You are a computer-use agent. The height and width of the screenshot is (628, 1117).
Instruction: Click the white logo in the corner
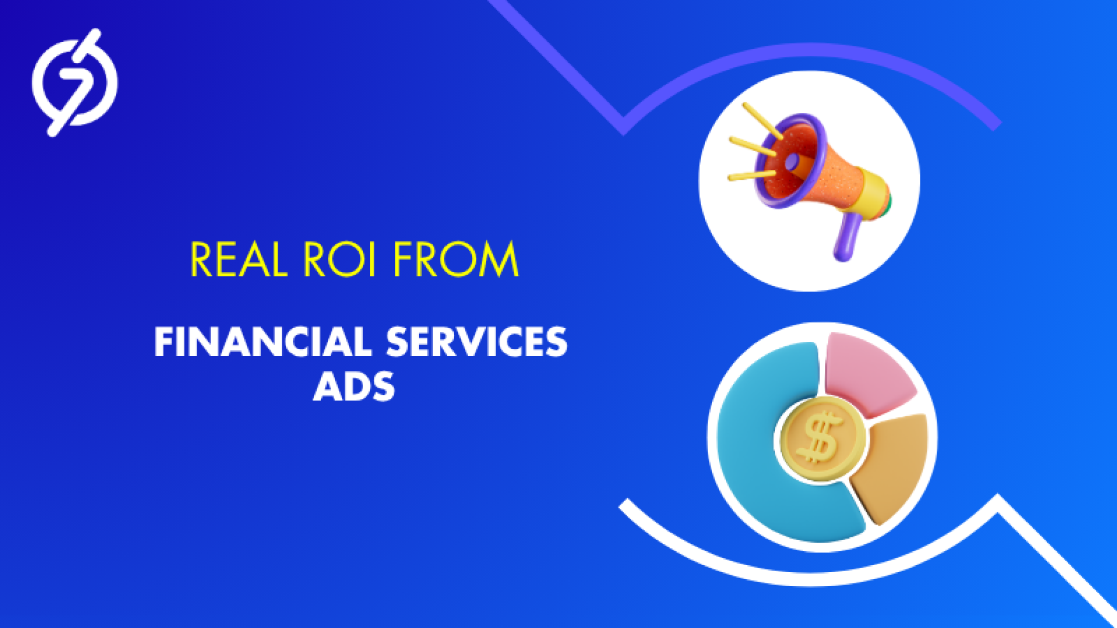74,83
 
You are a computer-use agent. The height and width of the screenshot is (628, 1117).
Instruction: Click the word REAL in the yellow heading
239,259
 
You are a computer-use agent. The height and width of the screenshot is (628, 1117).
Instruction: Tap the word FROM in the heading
456,259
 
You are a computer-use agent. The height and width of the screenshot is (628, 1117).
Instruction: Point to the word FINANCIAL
262,341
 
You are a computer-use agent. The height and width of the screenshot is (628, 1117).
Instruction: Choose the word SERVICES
476,341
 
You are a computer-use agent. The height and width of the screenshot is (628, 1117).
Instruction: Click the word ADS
354,386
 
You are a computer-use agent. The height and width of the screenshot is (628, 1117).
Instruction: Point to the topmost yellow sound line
763,121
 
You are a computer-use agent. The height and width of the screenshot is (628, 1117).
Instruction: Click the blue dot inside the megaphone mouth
792,163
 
